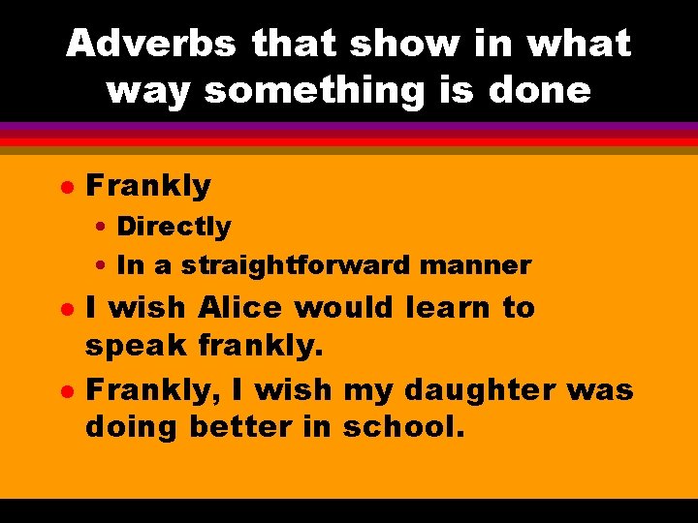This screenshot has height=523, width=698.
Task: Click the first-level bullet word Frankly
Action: coord(148,185)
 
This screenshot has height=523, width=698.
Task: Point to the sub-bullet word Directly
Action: coord(174,227)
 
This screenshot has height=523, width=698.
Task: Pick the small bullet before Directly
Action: coord(102,228)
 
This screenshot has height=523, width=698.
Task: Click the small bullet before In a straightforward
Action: coord(102,265)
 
